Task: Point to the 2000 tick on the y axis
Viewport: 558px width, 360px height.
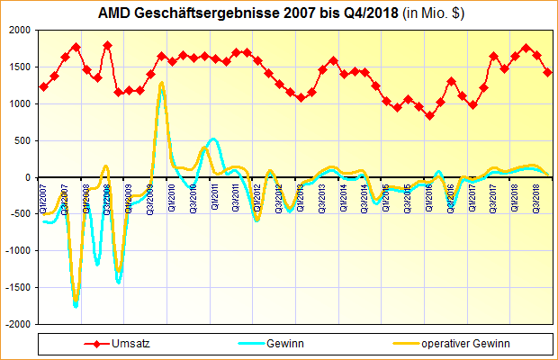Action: click(x=18, y=31)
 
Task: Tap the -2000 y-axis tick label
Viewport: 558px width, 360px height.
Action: click(x=16, y=324)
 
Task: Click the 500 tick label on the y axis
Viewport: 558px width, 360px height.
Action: click(x=21, y=140)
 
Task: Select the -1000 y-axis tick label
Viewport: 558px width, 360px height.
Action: click(x=16, y=250)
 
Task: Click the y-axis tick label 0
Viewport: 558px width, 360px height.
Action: click(x=28, y=177)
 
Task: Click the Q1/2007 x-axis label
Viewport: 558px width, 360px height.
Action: click(x=44, y=194)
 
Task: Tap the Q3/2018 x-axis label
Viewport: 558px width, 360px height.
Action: click(x=536, y=194)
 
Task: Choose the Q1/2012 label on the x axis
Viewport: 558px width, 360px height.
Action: click(x=257, y=194)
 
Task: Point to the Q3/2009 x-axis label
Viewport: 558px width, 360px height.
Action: click(x=151, y=194)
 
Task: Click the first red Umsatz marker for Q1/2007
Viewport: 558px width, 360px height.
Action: click(x=43, y=87)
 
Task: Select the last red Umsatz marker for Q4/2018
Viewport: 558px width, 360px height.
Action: click(x=547, y=73)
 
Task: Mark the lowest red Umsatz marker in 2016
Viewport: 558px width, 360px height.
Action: click(x=429, y=115)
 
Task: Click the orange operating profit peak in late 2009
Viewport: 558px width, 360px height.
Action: click(x=162, y=84)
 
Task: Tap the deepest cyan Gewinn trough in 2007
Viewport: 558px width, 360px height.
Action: click(x=76, y=306)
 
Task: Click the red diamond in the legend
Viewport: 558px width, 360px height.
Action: click(x=96, y=344)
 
